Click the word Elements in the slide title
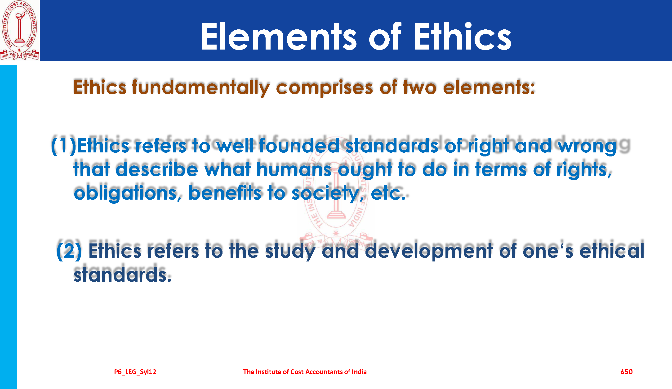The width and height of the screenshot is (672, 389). (x=279, y=37)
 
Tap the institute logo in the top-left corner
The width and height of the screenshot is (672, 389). (x=20, y=30)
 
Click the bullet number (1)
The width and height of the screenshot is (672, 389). (x=63, y=146)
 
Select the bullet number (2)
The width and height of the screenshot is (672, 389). (x=69, y=251)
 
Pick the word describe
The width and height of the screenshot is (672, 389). (x=157, y=169)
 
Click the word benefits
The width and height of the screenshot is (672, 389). (x=225, y=192)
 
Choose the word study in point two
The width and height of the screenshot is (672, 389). (x=290, y=251)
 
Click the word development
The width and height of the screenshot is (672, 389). (x=428, y=251)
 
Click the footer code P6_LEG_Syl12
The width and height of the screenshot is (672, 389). (x=135, y=372)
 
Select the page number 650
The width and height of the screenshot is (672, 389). (x=626, y=372)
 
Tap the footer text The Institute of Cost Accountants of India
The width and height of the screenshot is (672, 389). (x=305, y=372)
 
